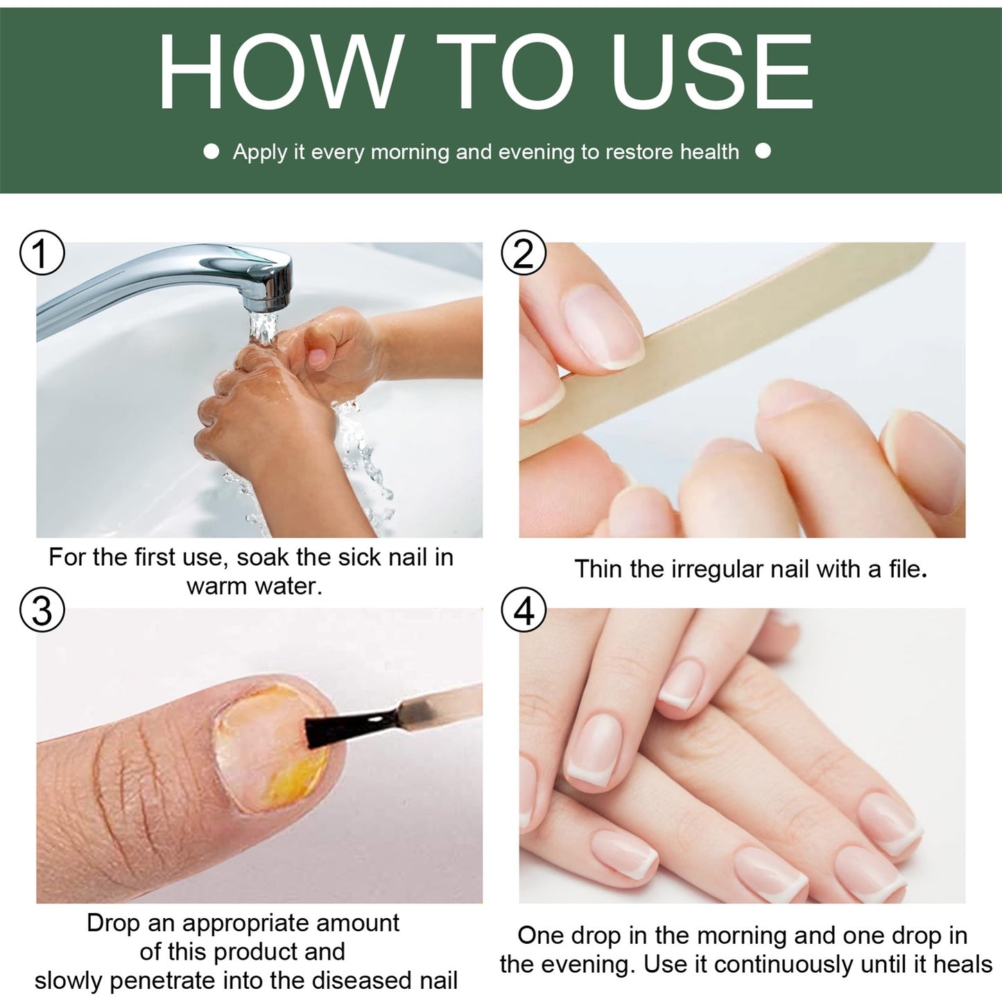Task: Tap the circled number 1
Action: click(42, 253)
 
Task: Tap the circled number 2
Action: click(524, 253)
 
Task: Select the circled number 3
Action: click(42, 611)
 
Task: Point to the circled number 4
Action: click(524, 611)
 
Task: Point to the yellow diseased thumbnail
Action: click(274, 749)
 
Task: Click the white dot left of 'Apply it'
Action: click(211, 151)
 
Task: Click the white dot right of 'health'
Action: click(763, 151)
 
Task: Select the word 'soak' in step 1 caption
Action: click(264, 558)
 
